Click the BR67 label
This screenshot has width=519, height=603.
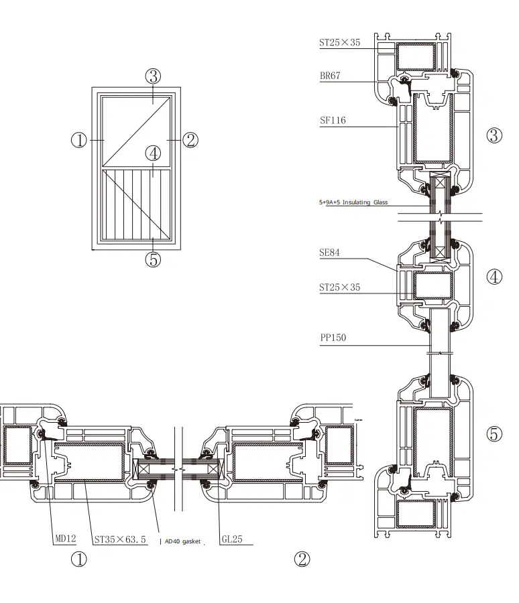tap(330, 76)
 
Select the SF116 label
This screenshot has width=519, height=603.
tap(333, 121)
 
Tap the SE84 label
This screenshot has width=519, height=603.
tap(330, 253)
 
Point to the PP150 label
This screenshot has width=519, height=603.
tap(333, 338)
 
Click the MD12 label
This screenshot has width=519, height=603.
tap(66, 539)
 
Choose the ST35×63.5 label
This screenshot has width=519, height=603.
tap(120, 539)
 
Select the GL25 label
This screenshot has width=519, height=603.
tap(231, 539)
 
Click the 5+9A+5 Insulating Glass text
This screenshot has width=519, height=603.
tap(353, 202)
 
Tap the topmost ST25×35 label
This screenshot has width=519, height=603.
tap(339, 43)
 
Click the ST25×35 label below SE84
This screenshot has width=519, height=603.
tap(339, 287)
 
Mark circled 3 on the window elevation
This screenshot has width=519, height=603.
tap(153, 76)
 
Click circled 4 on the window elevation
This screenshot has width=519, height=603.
tap(153, 153)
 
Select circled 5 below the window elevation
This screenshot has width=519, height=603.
tap(153, 259)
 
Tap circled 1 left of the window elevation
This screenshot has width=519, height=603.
tap(79, 140)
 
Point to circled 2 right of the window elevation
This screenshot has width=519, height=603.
tap(190, 140)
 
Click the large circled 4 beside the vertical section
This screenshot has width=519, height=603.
tap(494, 277)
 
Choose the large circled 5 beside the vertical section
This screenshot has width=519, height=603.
tap(494, 434)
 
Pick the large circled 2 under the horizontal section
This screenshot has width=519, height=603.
tap(302, 559)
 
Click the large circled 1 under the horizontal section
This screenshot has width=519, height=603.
tap(79, 559)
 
